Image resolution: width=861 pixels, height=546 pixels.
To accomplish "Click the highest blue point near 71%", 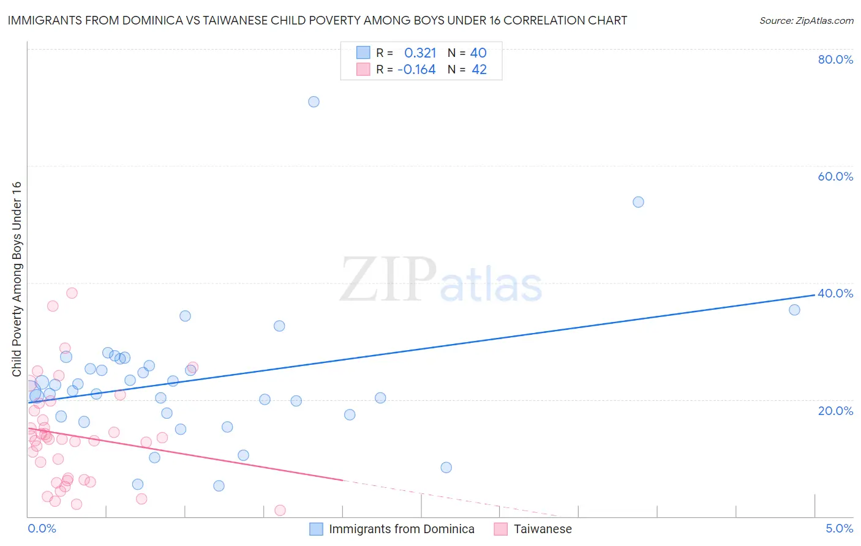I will click(314, 102).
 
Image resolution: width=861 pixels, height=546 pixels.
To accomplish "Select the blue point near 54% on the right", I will click(638, 202).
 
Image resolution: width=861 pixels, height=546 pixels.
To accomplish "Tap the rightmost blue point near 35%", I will click(794, 310).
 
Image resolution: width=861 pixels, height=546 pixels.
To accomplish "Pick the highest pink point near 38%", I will click(72, 293).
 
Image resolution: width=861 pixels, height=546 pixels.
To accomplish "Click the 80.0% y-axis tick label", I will click(835, 59).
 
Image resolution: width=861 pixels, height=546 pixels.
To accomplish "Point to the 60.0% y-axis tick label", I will click(835, 176).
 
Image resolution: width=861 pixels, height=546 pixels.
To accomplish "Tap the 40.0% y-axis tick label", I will click(835, 293).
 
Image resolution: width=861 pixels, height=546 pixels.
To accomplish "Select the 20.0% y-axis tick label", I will click(835, 410).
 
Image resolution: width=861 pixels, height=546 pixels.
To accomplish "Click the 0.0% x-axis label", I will click(42, 528).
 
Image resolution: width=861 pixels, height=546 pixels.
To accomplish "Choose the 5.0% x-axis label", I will click(839, 528).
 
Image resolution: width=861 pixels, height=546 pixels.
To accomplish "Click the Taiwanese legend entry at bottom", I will click(542, 529).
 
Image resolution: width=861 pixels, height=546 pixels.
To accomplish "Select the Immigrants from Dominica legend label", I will click(401, 529).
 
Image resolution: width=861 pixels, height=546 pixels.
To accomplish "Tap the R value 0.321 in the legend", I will click(420, 53).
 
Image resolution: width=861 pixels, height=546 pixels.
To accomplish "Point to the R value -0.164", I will click(416, 70).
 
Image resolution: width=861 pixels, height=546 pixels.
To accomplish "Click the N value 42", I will click(479, 70).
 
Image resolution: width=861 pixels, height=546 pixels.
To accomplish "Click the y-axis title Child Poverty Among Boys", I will click(17, 279).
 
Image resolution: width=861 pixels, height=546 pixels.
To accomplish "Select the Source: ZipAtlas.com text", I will click(806, 21).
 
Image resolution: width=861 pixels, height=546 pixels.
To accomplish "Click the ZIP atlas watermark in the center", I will click(441, 280).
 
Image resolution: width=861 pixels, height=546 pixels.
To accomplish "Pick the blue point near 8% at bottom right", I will click(446, 468).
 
